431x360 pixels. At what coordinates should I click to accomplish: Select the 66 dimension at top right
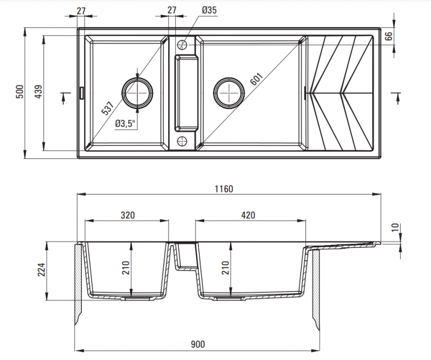click(388, 37)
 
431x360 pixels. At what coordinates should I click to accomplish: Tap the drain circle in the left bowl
click(137, 93)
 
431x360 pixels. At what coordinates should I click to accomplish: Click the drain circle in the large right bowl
click(229, 93)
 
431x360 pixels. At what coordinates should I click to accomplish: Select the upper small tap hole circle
click(182, 43)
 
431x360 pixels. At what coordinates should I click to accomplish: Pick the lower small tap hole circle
click(182, 142)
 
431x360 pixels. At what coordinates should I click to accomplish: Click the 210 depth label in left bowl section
click(126, 268)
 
